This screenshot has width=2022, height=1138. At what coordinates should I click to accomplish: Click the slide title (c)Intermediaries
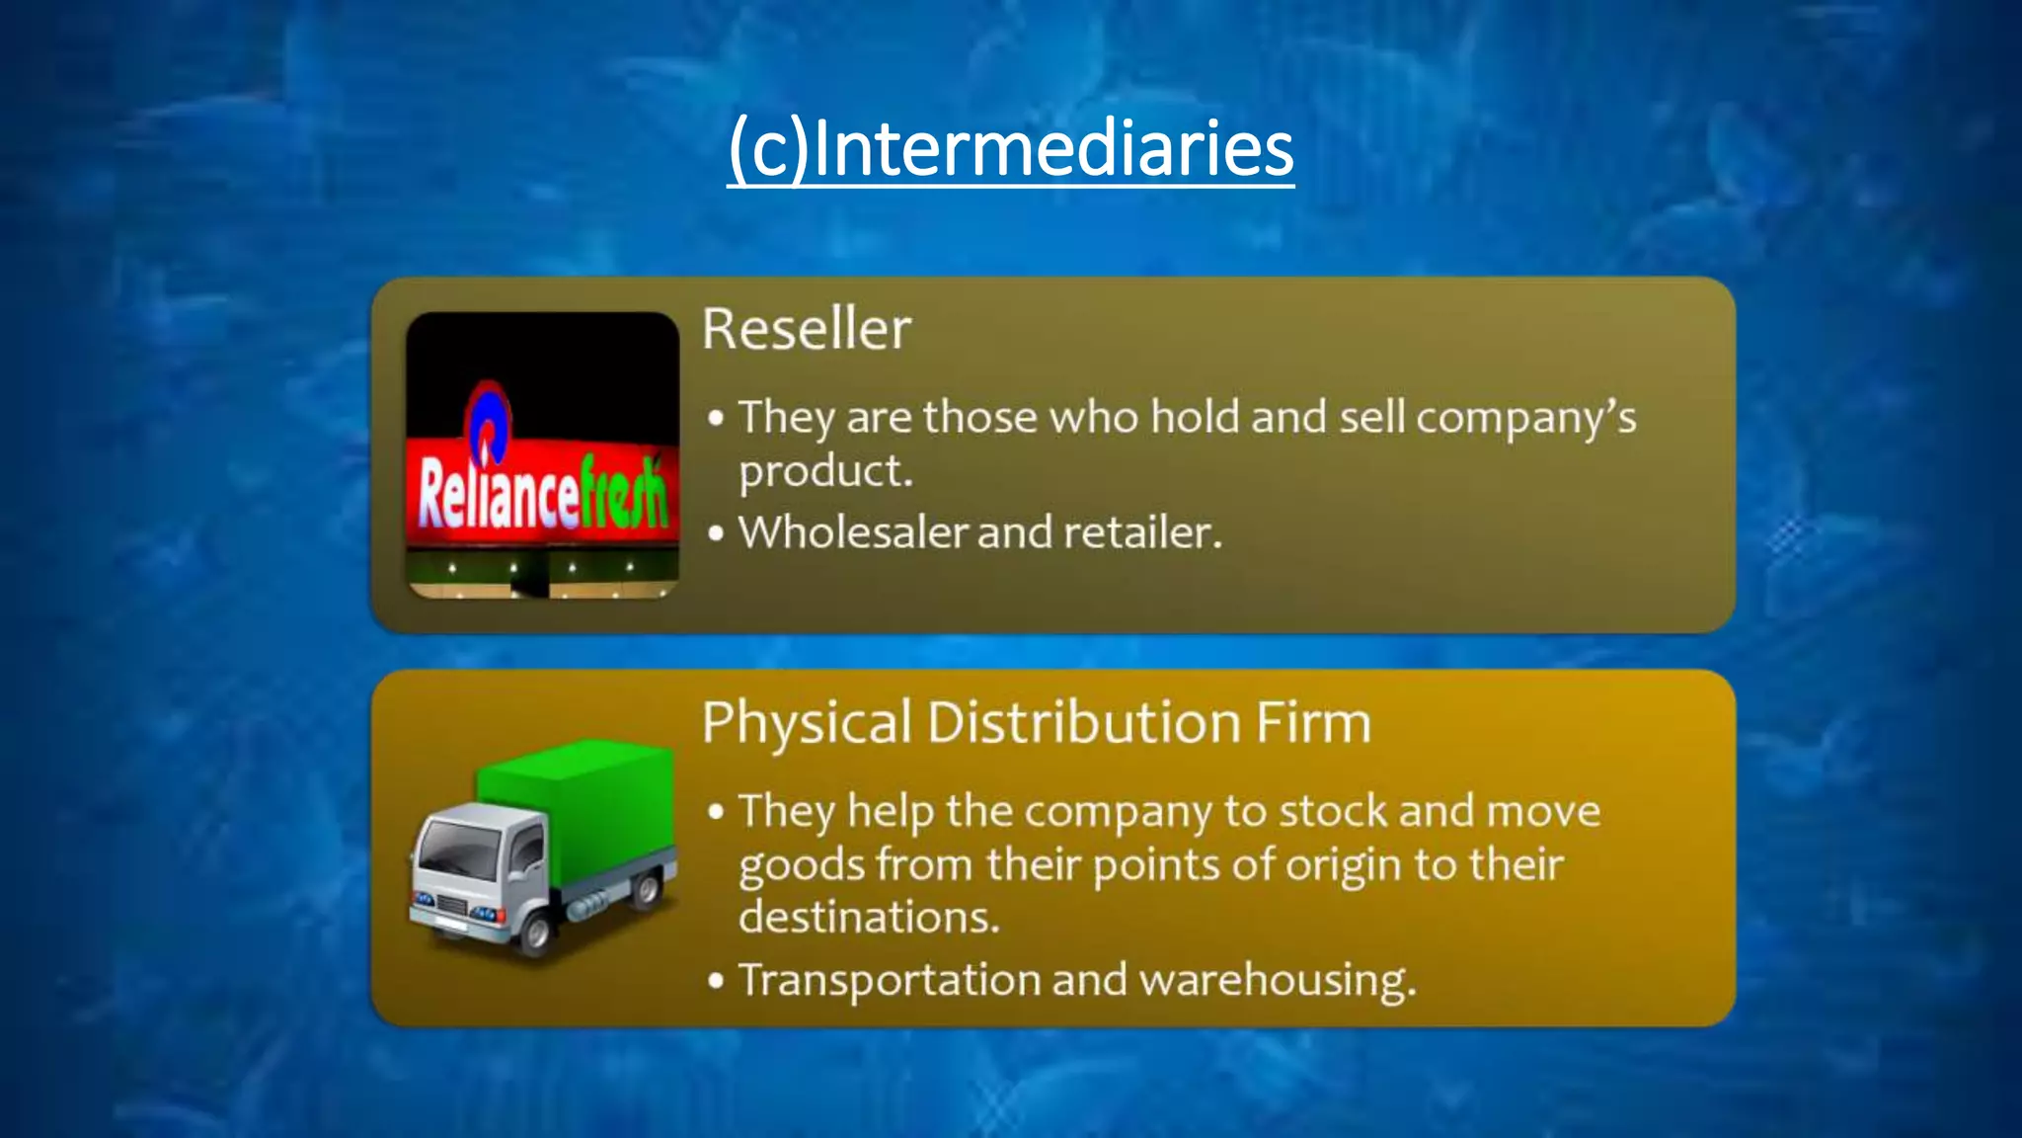coord(1010,148)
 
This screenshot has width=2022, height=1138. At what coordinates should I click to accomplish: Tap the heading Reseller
coord(806,329)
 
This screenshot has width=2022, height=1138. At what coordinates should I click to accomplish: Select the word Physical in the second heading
coord(807,723)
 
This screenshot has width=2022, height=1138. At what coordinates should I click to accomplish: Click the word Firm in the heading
coord(1313,722)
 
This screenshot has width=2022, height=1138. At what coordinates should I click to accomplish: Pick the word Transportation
coord(890,980)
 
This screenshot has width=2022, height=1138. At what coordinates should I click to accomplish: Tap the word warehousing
coord(1278,981)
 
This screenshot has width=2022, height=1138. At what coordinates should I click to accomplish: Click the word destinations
coord(869,917)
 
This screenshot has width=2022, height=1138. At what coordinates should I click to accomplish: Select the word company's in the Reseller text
coord(1526,418)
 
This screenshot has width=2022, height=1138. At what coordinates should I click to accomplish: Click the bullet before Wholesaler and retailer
coord(717,533)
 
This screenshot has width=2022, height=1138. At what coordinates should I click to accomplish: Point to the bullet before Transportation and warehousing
coord(717,981)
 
